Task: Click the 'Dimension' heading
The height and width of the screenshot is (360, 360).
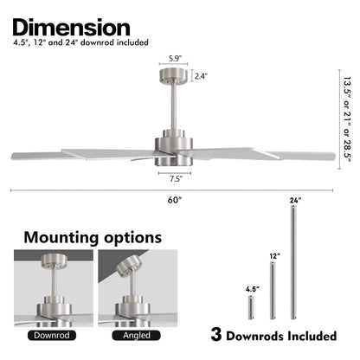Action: tap(71, 28)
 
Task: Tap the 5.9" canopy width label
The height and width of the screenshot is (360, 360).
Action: tap(175, 59)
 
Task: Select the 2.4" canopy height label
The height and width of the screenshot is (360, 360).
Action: tap(201, 76)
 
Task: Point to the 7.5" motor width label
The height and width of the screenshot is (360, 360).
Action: tap(176, 179)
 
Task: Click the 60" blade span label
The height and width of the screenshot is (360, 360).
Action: tap(175, 200)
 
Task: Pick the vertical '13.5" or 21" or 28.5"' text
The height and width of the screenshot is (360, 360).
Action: tap(347, 119)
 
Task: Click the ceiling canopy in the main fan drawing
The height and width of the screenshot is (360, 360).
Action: tap(173, 76)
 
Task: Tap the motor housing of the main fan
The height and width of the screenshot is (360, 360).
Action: tap(174, 148)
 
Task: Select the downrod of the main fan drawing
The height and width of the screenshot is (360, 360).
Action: tap(174, 106)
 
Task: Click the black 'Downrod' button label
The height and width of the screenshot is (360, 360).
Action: tap(52, 336)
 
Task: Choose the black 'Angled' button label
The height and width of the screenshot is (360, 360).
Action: tap(137, 336)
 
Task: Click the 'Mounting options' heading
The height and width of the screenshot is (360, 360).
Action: tap(93, 237)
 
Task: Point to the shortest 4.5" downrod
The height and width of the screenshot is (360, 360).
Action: tap(251, 307)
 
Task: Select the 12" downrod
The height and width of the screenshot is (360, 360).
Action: tap(273, 291)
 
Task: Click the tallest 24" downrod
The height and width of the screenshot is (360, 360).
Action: tap(293, 263)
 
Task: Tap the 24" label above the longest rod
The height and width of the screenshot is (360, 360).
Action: tap(296, 200)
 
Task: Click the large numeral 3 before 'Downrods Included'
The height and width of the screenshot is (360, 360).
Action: tap(216, 335)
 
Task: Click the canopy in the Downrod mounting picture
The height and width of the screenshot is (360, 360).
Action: tap(54, 261)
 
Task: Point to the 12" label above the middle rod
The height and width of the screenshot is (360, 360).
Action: tap(275, 256)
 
